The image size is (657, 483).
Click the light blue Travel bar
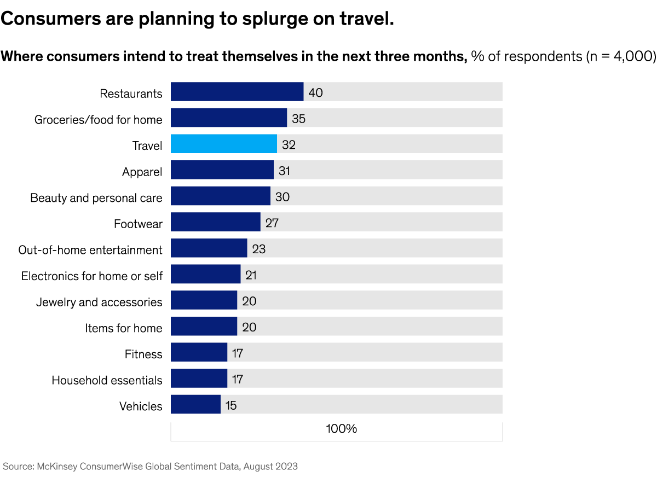223,144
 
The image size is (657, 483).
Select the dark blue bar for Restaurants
237,92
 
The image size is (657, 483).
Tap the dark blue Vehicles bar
195,405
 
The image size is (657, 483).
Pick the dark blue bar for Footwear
215,222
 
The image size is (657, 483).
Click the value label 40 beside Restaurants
315,92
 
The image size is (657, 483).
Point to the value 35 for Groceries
299,118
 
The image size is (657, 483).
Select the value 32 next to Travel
289,144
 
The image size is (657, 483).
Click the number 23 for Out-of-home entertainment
259,249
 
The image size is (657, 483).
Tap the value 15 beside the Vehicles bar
231,405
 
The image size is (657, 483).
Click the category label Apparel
142,172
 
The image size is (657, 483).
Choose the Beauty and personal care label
96,197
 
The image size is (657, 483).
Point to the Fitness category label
143,354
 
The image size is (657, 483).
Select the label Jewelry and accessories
99,302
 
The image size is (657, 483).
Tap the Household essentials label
107,380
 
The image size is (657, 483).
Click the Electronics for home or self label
92,276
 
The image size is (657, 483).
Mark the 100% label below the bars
341,428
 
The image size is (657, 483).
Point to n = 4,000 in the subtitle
616,56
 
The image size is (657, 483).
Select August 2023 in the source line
270,466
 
